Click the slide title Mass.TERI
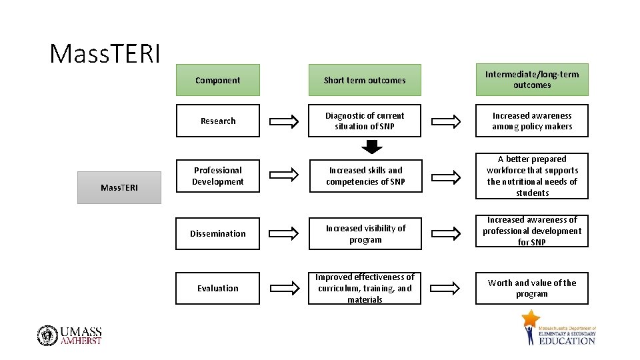pyautogui.click(x=105, y=53)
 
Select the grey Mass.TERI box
pyautogui.click(x=119, y=187)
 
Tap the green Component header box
pyautogui.click(x=217, y=80)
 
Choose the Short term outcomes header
pyautogui.click(x=364, y=80)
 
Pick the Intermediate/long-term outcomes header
pyautogui.click(x=531, y=79)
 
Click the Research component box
pyautogui.click(x=217, y=121)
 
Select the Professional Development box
pyautogui.click(x=217, y=176)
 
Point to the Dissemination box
pyautogui.click(x=217, y=233)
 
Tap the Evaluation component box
pyautogui.click(x=217, y=288)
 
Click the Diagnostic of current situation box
pyautogui.click(x=364, y=121)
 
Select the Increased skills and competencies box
pyautogui.click(x=364, y=176)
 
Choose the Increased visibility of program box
pyautogui.click(x=364, y=233)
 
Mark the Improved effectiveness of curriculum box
pyautogui.click(x=364, y=288)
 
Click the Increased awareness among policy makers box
pyautogui.click(x=531, y=121)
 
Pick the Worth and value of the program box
pyautogui.click(x=531, y=288)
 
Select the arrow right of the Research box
pyautogui.click(x=284, y=121)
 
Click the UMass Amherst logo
pyautogui.click(x=70, y=335)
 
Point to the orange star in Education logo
pyautogui.click(x=531, y=320)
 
